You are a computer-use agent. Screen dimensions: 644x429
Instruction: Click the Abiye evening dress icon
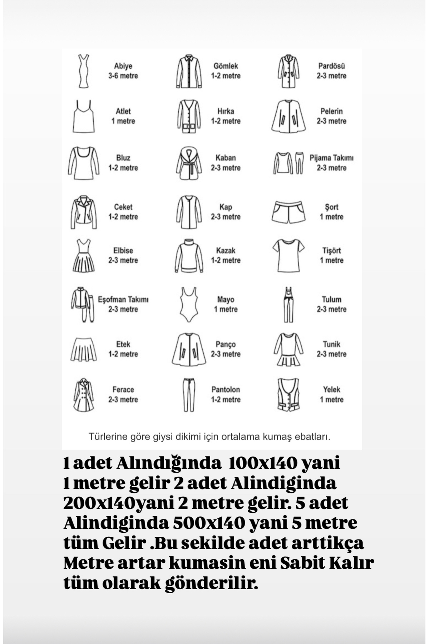(84, 71)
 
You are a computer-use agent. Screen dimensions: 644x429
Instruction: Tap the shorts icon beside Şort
(288, 212)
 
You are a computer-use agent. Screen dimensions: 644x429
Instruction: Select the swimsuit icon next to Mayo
(188, 304)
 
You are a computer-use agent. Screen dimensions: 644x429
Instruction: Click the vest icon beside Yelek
(288, 394)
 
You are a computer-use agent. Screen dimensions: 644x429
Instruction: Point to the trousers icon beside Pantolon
(189, 395)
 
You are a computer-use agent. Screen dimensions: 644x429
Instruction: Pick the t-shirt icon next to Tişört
(288, 255)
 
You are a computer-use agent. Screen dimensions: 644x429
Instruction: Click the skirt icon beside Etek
(84, 349)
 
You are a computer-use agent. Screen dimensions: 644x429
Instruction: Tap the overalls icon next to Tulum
(288, 304)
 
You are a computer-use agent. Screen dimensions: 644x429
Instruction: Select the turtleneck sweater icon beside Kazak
(189, 255)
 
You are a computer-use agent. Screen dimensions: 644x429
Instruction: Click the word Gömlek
(226, 66)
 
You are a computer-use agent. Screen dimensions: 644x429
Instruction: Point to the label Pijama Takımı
(331, 158)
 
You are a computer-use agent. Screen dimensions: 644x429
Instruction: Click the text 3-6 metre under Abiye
(123, 76)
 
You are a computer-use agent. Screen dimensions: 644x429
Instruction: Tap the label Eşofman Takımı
(123, 299)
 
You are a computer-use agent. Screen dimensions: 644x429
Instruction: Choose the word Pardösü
(331, 66)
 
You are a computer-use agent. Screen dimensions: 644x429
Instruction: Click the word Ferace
(123, 390)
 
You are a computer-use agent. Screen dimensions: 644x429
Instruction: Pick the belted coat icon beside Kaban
(189, 163)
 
